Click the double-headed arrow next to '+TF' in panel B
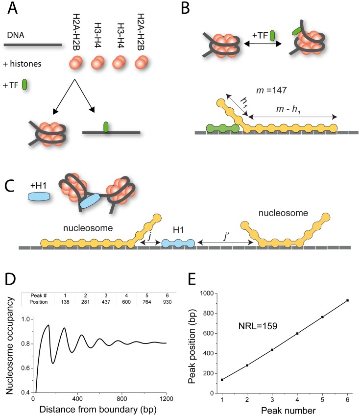pyautogui.click(x=262, y=44)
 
